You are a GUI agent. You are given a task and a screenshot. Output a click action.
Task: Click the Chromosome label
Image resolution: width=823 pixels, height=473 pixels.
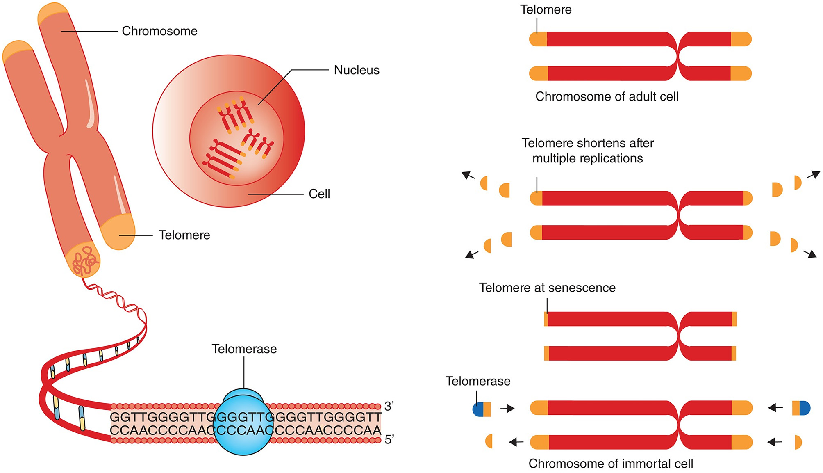[159, 31]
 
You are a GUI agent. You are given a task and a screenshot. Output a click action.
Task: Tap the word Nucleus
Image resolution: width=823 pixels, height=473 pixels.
[356, 70]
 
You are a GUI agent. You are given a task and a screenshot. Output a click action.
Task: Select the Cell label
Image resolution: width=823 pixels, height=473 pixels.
[319, 194]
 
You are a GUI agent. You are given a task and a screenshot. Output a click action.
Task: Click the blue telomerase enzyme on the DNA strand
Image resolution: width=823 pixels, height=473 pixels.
[243, 425]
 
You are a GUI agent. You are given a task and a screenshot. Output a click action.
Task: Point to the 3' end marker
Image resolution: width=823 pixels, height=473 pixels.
[389, 406]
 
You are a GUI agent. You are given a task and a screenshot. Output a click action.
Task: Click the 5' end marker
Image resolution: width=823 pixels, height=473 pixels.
[389, 440]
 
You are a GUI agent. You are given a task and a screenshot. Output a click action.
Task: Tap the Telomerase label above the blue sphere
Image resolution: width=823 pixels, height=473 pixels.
[244, 349]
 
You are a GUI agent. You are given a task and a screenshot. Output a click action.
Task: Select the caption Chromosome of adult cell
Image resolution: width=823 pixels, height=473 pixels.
[607, 97]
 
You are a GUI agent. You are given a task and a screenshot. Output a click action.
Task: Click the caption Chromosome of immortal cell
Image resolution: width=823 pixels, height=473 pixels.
[610, 464]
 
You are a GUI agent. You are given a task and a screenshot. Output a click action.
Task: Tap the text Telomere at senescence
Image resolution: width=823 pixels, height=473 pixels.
[547, 288]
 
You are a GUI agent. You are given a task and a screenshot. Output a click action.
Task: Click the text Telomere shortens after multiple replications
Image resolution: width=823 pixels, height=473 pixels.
[587, 151]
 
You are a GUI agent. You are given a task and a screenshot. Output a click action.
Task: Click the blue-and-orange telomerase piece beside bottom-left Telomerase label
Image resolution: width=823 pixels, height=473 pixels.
[482, 409]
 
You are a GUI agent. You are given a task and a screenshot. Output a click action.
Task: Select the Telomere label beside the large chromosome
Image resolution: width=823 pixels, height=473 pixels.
[184, 235]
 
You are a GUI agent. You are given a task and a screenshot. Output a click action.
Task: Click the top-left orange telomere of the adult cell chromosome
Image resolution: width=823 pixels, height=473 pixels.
[538, 39]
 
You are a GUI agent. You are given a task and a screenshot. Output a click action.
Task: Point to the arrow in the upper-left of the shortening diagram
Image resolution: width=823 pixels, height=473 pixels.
[468, 176]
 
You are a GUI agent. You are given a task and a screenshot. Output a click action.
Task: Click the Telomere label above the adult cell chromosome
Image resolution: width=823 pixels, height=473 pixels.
[546, 9]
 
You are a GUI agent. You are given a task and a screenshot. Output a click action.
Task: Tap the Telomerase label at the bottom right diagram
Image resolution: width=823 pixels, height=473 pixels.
[477, 381]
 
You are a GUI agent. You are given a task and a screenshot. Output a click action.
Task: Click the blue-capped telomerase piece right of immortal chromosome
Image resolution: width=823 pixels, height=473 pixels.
[801, 408]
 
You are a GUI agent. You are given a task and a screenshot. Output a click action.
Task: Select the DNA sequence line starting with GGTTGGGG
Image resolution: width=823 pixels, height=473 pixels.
[246, 417]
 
